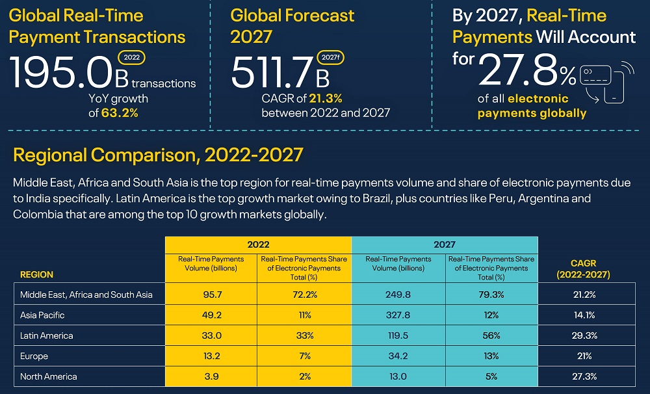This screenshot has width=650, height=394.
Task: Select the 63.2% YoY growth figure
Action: coord(120,112)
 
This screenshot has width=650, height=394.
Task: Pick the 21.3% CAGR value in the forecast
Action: coord(326,99)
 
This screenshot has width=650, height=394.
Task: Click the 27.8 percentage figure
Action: coord(520,70)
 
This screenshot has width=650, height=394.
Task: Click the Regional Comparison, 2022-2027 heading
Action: coord(158,155)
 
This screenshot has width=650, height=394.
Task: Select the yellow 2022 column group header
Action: coord(258,244)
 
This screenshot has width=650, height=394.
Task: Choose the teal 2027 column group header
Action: coord(445,244)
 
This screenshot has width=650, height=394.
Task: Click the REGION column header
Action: coord(37,274)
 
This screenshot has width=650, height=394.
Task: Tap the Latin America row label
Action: coord(47,335)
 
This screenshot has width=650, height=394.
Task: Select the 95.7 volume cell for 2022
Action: coord(211,295)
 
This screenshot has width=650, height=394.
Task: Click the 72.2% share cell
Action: coord(305,295)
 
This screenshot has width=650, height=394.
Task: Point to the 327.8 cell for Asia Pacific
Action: coord(398,315)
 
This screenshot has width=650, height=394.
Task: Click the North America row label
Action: coord(49,376)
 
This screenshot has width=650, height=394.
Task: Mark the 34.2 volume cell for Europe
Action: coord(398,356)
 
